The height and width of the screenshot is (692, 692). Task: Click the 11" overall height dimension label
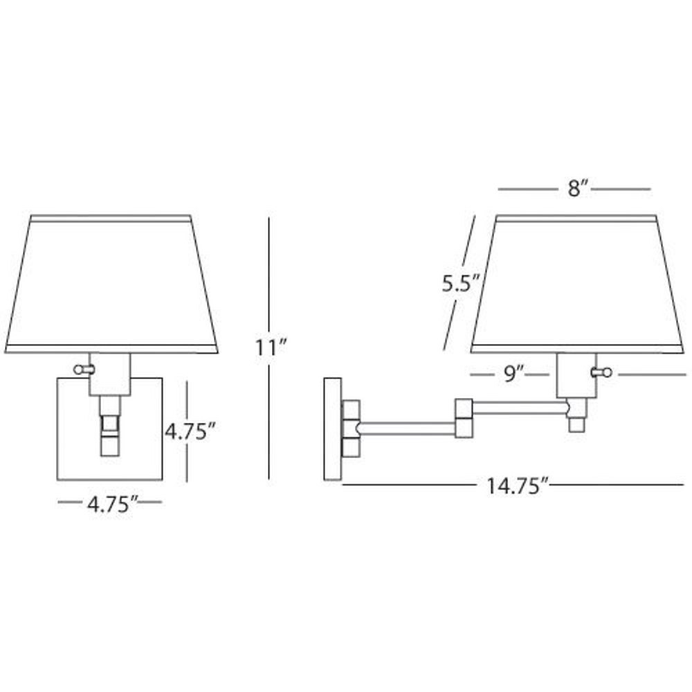[x=271, y=347]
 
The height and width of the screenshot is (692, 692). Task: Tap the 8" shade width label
[x=579, y=190]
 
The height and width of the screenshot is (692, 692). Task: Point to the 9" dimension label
[x=513, y=374]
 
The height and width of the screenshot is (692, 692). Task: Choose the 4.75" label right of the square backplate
[x=191, y=431]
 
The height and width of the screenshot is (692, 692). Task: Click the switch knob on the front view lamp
[x=83, y=369]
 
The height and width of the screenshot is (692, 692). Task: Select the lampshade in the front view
[x=111, y=284]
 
